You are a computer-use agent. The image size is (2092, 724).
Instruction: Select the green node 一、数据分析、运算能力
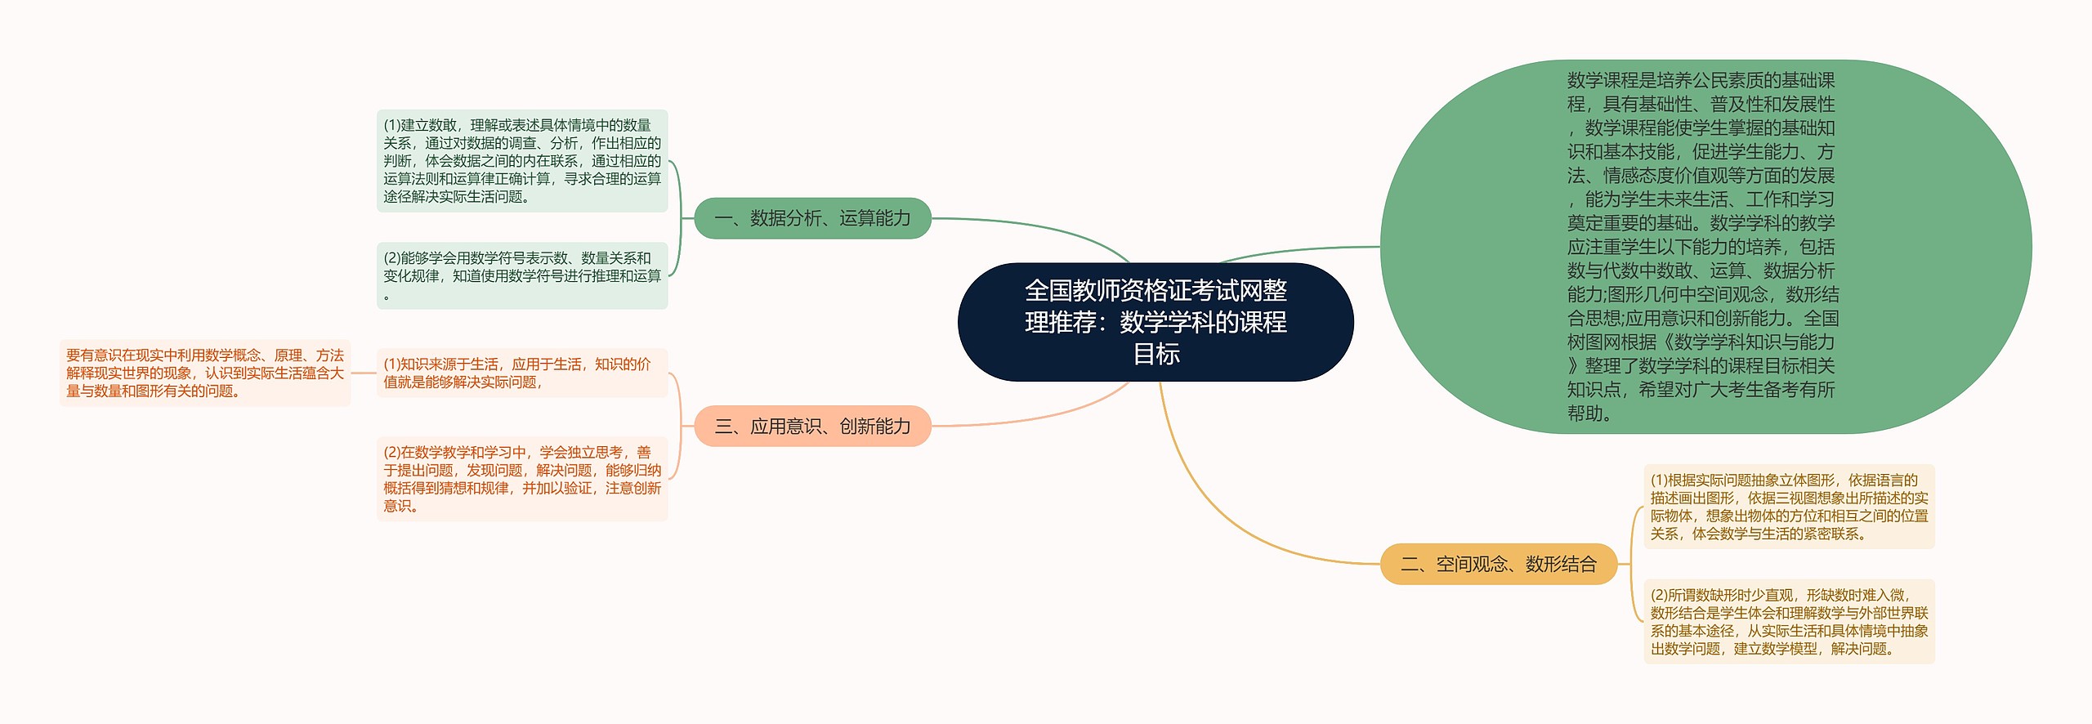[812, 218]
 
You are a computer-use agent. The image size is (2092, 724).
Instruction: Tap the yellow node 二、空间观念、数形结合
[1498, 564]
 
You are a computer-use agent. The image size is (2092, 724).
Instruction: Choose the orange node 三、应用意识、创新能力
[812, 426]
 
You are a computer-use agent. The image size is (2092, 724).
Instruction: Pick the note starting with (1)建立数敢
[521, 161]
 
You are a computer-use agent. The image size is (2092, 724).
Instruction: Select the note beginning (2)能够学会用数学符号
[521, 275]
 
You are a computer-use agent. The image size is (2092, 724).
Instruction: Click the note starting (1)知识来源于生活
[521, 373]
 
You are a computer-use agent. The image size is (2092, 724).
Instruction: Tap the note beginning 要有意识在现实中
[204, 373]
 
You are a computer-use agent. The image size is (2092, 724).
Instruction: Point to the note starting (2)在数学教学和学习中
[521, 479]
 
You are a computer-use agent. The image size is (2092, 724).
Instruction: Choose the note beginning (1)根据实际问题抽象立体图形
[1788, 507]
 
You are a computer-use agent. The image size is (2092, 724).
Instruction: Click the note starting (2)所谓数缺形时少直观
[1788, 621]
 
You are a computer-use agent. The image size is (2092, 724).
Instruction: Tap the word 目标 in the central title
[1156, 355]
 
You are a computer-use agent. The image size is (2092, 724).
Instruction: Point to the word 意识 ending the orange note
[397, 507]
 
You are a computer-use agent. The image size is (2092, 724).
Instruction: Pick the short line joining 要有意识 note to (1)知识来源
[364, 373]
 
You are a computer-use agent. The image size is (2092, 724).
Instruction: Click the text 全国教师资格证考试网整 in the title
[1156, 290]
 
